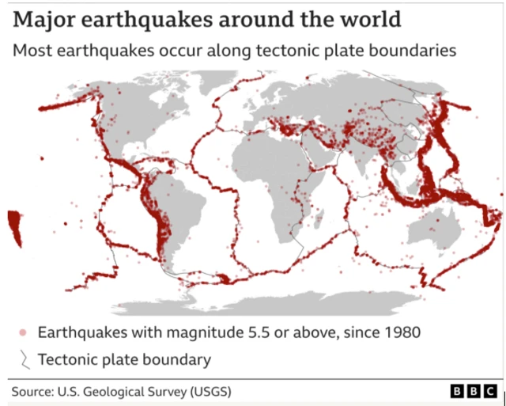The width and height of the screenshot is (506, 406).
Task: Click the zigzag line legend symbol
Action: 24,359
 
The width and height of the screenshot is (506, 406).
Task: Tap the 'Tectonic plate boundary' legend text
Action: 124,359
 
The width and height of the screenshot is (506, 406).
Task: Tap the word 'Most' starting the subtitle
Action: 28,51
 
